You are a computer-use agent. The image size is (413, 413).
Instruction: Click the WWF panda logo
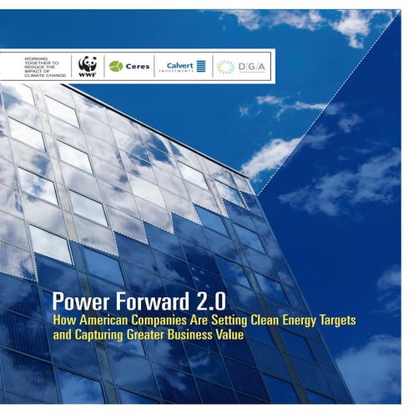click(x=88, y=67)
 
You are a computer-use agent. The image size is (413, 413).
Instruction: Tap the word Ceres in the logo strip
click(x=137, y=66)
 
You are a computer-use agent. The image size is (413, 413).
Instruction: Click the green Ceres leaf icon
click(x=116, y=66)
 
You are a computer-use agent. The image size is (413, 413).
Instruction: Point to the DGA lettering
click(x=249, y=66)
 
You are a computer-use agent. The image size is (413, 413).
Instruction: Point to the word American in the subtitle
click(x=109, y=319)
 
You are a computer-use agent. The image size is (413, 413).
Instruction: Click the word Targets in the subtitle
click(x=355, y=319)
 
